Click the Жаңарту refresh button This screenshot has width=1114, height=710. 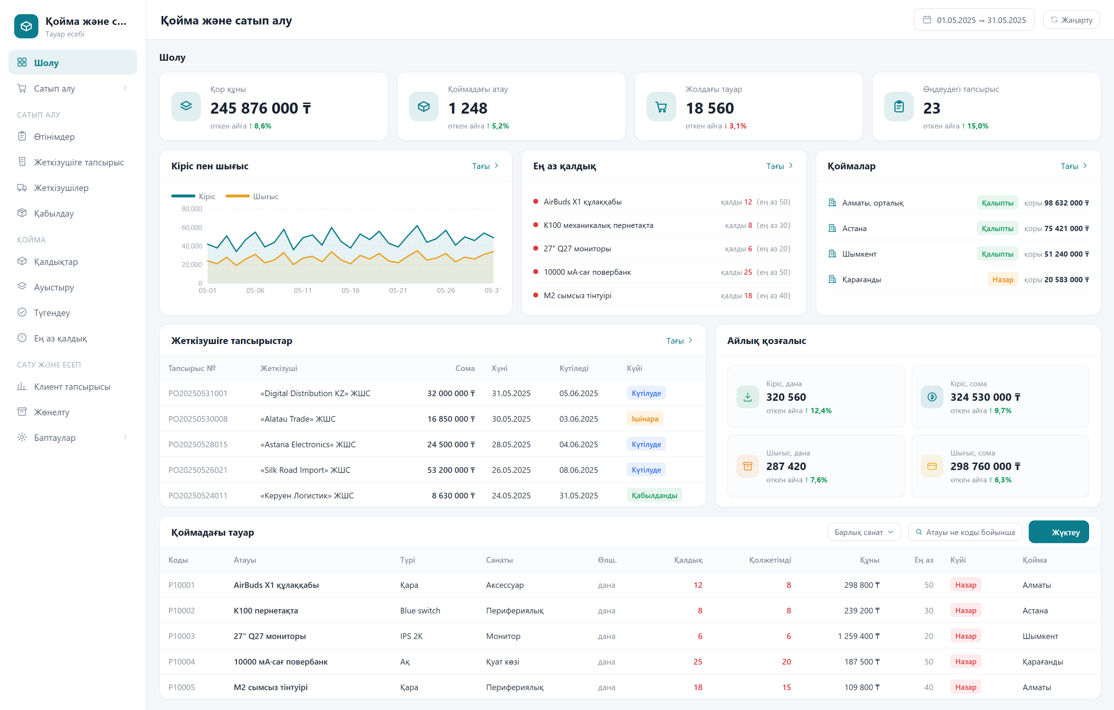pyautogui.click(x=1071, y=20)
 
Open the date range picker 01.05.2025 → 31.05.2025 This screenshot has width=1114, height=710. pyautogui.click(x=974, y=20)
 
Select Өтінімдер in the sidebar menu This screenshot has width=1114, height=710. pyautogui.click(x=54, y=137)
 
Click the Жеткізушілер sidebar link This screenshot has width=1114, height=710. pyautogui.click(x=61, y=188)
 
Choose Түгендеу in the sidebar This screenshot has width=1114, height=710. pyautogui.click(x=52, y=313)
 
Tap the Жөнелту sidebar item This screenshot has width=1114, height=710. pyautogui.click(x=52, y=412)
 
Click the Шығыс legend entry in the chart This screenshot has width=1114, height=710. pyautogui.click(x=252, y=196)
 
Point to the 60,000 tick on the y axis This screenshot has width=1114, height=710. pyautogui.click(x=191, y=228)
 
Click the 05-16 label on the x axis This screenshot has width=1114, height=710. pyautogui.click(x=350, y=290)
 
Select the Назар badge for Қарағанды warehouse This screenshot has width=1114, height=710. pyautogui.click(x=1002, y=280)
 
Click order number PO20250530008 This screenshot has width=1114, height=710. pyautogui.click(x=198, y=419)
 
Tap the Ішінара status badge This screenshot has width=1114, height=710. pyautogui.click(x=645, y=419)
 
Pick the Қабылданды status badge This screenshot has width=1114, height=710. pyautogui.click(x=654, y=496)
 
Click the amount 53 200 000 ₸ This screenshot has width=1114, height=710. pyautogui.click(x=451, y=470)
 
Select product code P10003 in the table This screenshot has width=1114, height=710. pyautogui.click(x=182, y=636)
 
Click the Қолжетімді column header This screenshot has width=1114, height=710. pyautogui.click(x=770, y=560)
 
